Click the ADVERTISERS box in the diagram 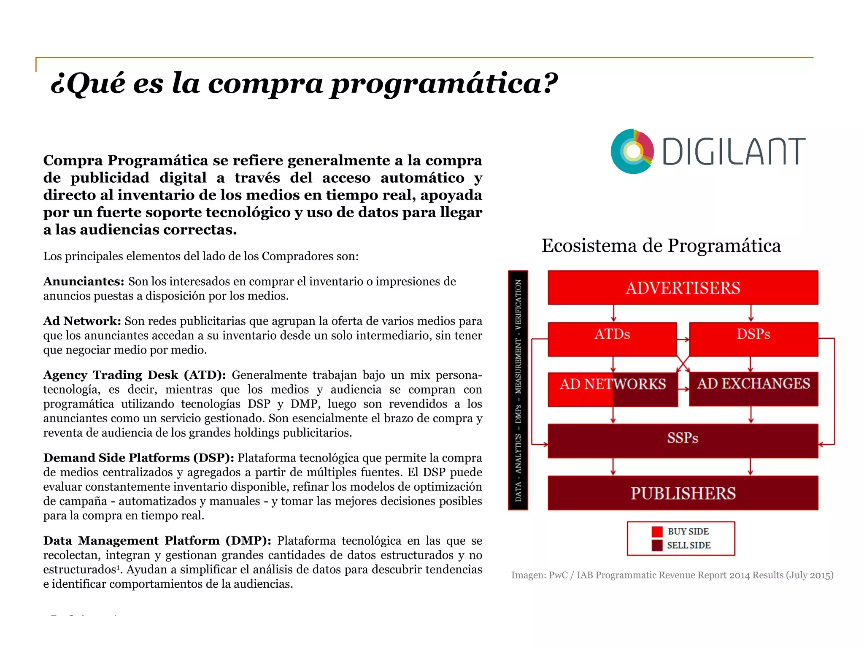pyautogui.click(x=683, y=288)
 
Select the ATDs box pyautogui.click(x=612, y=339)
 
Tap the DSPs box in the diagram pyautogui.click(x=753, y=339)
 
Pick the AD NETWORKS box pyautogui.click(x=613, y=389)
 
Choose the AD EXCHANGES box pyautogui.click(x=753, y=389)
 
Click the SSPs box pyautogui.click(x=683, y=440)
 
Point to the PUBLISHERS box pyautogui.click(x=683, y=493)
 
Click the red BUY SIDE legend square pyautogui.click(x=657, y=532)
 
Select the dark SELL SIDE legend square pyautogui.click(x=657, y=545)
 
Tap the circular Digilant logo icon pyautogui.click(x=632, y=151)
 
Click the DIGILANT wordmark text pyautogui.click(x=733, y=151)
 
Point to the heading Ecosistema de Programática pyautogui.click(x=661, y=246)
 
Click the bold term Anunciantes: pyautogui.click(x=84, y=281)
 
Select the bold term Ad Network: pyautogui.click(x=82, y=321)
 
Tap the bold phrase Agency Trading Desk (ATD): pyautogui.click(x=135, y=375)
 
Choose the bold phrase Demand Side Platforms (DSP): pyautogui.click(x=138, y=458)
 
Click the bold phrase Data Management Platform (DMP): pyautogui.click(x=157, y=540)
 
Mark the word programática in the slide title pyautogui.click(x=444, y=83)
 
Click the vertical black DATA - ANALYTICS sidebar pyautogui.click(x=518, y=390)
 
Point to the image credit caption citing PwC pyautogui.click(x=672, y=575)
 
